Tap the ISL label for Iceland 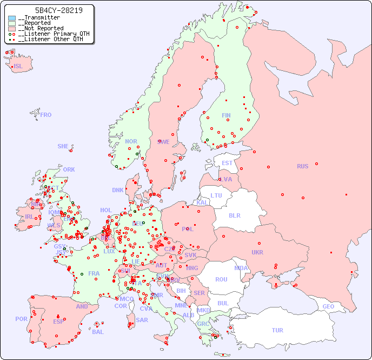coord(18,67)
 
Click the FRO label coord(46,115)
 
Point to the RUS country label coord(302,166)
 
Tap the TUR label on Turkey coord(277,330)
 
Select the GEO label coord(328,306)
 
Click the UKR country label coord(257,252)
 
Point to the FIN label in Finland coord(226,115)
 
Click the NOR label coord(131,141)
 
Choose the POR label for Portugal coord(21,319)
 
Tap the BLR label coord(235,215)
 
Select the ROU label coord(221,279)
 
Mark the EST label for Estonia coord(227,163)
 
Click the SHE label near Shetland coord(63,146)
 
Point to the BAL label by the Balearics coord(98,332)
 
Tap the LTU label coord(216,195)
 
